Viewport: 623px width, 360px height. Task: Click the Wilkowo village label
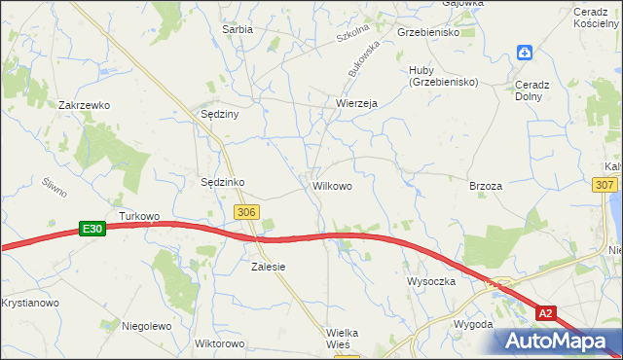pos(332,184)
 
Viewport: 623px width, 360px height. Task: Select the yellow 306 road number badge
pos(246,212)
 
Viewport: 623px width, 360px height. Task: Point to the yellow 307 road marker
pos(604,185)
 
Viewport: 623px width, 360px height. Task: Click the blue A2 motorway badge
pos(547,312)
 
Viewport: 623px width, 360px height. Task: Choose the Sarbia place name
pos(238,29)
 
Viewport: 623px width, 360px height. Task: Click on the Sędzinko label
pos(221,182)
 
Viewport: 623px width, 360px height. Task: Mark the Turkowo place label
pos(138,215)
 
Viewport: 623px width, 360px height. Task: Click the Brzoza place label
pos(485,186)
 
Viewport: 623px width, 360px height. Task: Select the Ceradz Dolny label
pos(533,90)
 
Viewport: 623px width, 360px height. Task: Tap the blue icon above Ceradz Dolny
pos(525,53)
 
